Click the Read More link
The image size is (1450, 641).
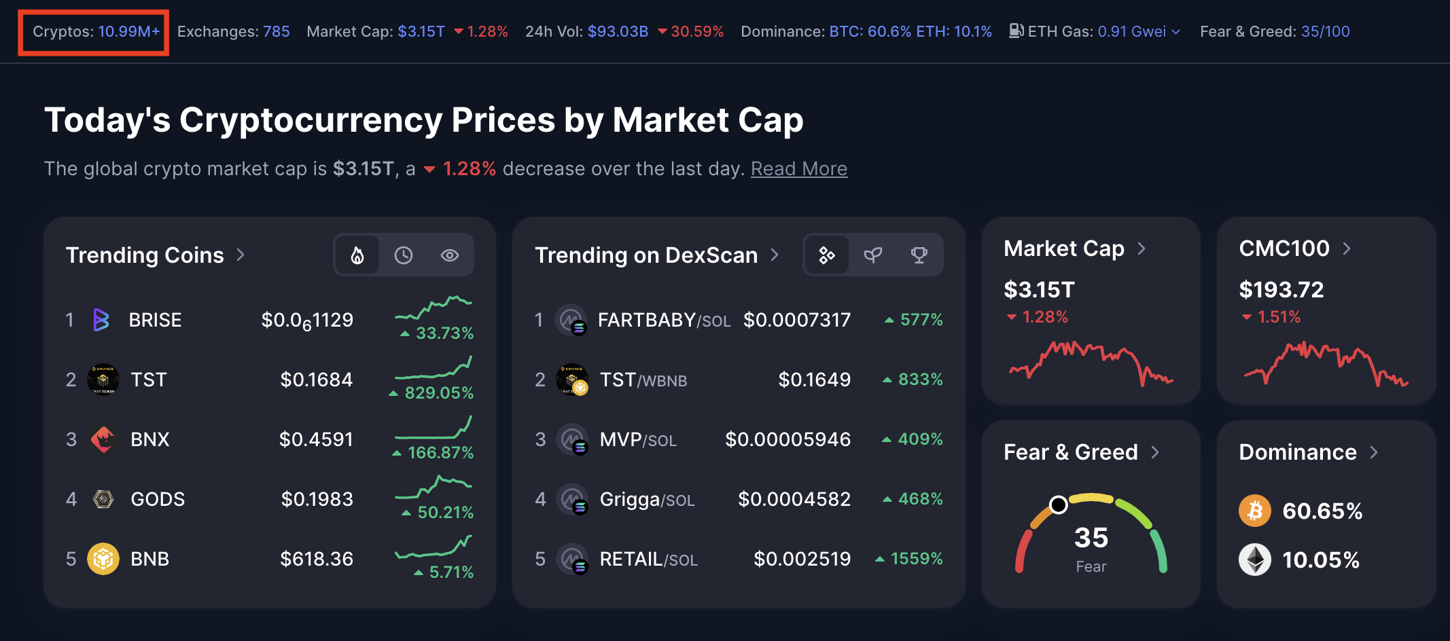(x=798, y=168)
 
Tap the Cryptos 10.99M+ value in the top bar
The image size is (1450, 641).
(x=129, y=32)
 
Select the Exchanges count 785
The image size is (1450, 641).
(x=276, y=32)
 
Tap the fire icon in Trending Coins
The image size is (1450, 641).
(x=357, y=255)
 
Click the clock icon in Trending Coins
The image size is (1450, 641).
(x=404, y=255)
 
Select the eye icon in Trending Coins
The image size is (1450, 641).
(x=450, y=255)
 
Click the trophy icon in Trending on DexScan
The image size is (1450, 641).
(x=919, y=255)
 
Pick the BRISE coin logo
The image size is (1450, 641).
(x=101, y=320)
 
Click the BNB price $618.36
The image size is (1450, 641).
(x=317, y=559)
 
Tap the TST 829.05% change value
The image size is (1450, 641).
(x=438, y=393)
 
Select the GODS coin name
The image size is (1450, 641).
(x=158, y=499)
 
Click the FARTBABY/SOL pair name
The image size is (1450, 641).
(x=664, y=320)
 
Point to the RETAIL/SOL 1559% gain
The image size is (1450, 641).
(x=916, y=559)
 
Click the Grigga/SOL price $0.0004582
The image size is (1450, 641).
(x=794, y=499)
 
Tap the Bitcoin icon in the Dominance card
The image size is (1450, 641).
(x=1254, y=511)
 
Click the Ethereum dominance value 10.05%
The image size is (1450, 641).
(x=1320, y=560)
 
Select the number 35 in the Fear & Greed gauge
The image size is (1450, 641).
(x=1091, y=538)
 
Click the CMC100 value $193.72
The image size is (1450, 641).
(x=1281, y=290)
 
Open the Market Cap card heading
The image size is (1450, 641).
(x=1064, y=249)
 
